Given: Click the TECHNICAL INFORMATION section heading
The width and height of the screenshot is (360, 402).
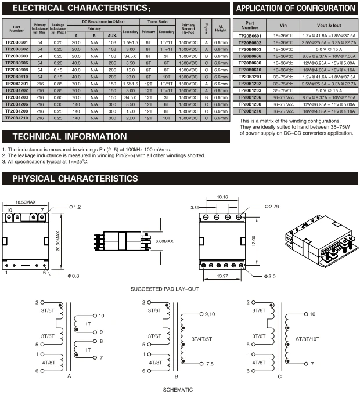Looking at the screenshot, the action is tap(70, 136).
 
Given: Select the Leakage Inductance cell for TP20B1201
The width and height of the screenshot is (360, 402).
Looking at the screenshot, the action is tap(58, 84).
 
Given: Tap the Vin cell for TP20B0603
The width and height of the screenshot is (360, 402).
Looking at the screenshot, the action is tap(283, 49).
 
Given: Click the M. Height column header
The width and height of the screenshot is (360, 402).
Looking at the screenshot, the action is tap(221, 28).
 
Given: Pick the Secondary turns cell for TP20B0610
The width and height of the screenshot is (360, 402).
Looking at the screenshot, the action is tap(167, 77).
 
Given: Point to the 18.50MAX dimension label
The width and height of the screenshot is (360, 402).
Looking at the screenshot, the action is tap(26, 202).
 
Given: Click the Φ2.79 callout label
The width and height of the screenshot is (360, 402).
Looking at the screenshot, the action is tap(272, 207).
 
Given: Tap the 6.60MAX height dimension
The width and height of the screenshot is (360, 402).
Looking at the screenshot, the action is tap(164, 241).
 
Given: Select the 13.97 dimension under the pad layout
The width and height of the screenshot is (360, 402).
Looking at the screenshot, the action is tap(222, 276).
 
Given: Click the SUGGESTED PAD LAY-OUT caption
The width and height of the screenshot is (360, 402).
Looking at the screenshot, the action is tap(164, 289).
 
